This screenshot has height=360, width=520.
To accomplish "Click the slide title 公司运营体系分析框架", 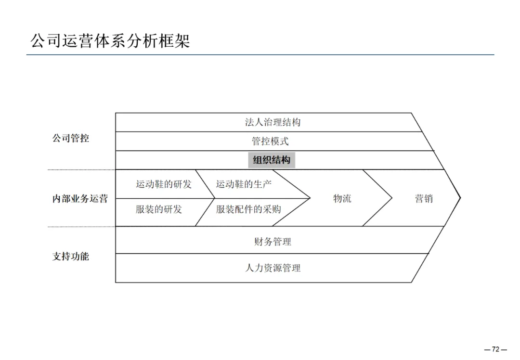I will pos(110,40).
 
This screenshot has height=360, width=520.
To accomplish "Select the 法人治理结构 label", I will pos(273,122).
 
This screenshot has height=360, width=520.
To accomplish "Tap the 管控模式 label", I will pos(270,141).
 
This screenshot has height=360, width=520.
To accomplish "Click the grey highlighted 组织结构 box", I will pos(272,160).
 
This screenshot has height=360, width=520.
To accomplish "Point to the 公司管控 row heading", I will pos(70,139).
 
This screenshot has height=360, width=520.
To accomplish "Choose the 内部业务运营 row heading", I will pos(80,199).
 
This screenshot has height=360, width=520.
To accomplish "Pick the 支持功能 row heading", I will pos(70,257).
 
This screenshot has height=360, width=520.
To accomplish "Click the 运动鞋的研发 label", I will pos(163,184).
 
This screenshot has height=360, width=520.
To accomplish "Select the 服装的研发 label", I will pos(158,209).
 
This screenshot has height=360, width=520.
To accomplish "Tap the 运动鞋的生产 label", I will pos(244,184).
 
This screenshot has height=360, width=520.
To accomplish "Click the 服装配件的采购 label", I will pos(248,209).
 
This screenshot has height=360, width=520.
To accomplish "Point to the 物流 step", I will pos(342,198).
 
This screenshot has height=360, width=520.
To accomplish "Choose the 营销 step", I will pos(424,198).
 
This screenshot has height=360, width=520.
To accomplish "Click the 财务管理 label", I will pos(273,242).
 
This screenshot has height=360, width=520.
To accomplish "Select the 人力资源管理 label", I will pos(273,268).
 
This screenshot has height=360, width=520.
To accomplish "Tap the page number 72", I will pos(495,349).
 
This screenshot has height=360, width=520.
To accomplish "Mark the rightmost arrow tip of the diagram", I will pos(460,197).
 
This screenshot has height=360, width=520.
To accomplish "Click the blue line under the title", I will pos(260,55).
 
